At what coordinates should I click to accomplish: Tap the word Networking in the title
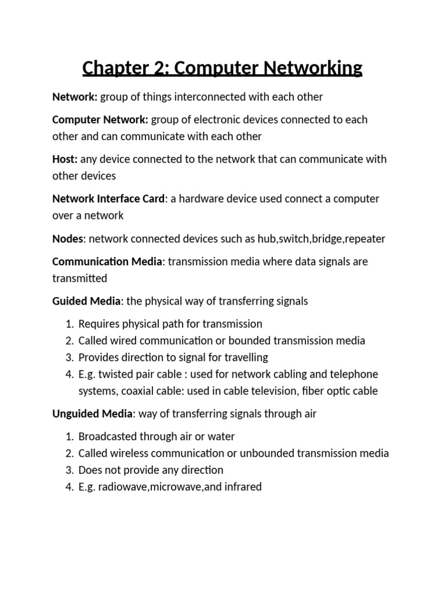point(313,68)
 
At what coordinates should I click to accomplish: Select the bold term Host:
point(65,159)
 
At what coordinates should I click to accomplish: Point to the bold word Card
point(153,199)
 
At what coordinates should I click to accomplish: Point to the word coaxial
point(140,391)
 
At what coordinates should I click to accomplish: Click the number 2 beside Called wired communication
point(69,341)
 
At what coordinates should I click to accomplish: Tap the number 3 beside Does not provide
point(69,470)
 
